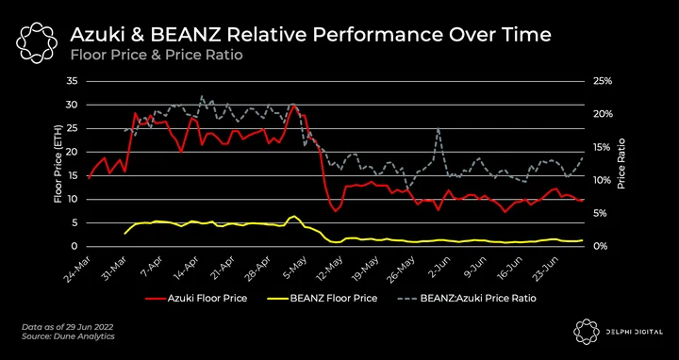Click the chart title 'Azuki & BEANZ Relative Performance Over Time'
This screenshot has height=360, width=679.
[x=310, y=35]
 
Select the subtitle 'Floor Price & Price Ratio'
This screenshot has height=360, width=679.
[x=157, y=55]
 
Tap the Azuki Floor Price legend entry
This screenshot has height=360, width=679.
[x=196, y=298]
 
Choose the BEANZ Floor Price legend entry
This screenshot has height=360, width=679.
[x=326, y=298]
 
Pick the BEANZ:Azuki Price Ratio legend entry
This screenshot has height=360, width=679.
[x=466, y=298]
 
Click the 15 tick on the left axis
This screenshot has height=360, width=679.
[x=71, y=175]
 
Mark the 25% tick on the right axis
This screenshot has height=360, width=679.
[x=603, y=81]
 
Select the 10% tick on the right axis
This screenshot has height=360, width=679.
[x=603, y=180]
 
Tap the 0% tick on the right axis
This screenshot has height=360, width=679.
[x=600, y=246]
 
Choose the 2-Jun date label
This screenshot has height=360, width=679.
[x=444, y=267]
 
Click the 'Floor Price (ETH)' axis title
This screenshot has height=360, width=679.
[x=58, y=164]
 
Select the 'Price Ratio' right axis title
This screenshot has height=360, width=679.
[x=621, y=164]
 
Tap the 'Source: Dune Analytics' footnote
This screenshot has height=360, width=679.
[x=69, y=336]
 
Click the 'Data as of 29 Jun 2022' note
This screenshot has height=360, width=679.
[x=68, y=327]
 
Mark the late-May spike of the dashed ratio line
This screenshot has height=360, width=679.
[x=439, y=128]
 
